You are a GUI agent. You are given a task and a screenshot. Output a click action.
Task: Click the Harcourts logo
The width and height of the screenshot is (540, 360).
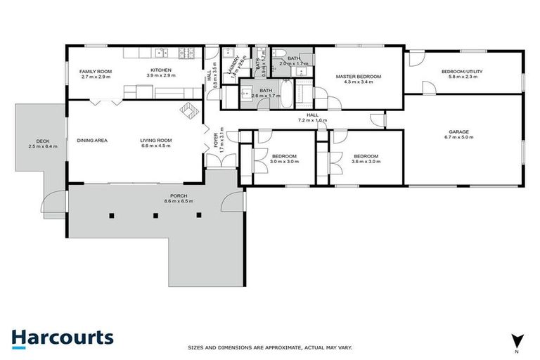click(63, 337)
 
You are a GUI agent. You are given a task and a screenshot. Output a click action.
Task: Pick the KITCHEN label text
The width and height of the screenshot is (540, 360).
click(162, 70)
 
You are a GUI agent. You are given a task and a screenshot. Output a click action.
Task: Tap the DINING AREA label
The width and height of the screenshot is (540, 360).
click(92, 141)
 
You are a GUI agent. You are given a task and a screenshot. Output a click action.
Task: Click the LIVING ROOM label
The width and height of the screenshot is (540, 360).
click(156, 141)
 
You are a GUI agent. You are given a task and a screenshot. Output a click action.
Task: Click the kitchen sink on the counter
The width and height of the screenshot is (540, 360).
click(162, 52)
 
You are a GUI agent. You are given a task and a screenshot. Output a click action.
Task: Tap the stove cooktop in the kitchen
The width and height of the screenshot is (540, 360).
click(188, 52)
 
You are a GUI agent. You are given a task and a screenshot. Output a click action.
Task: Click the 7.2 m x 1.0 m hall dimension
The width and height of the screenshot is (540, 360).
click(312, 121)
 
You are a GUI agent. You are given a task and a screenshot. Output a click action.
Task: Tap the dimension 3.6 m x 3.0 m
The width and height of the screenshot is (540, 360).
click(366, 161)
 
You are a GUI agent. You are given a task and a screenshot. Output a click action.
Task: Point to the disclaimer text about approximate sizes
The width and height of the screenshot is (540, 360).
click(270, 347)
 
